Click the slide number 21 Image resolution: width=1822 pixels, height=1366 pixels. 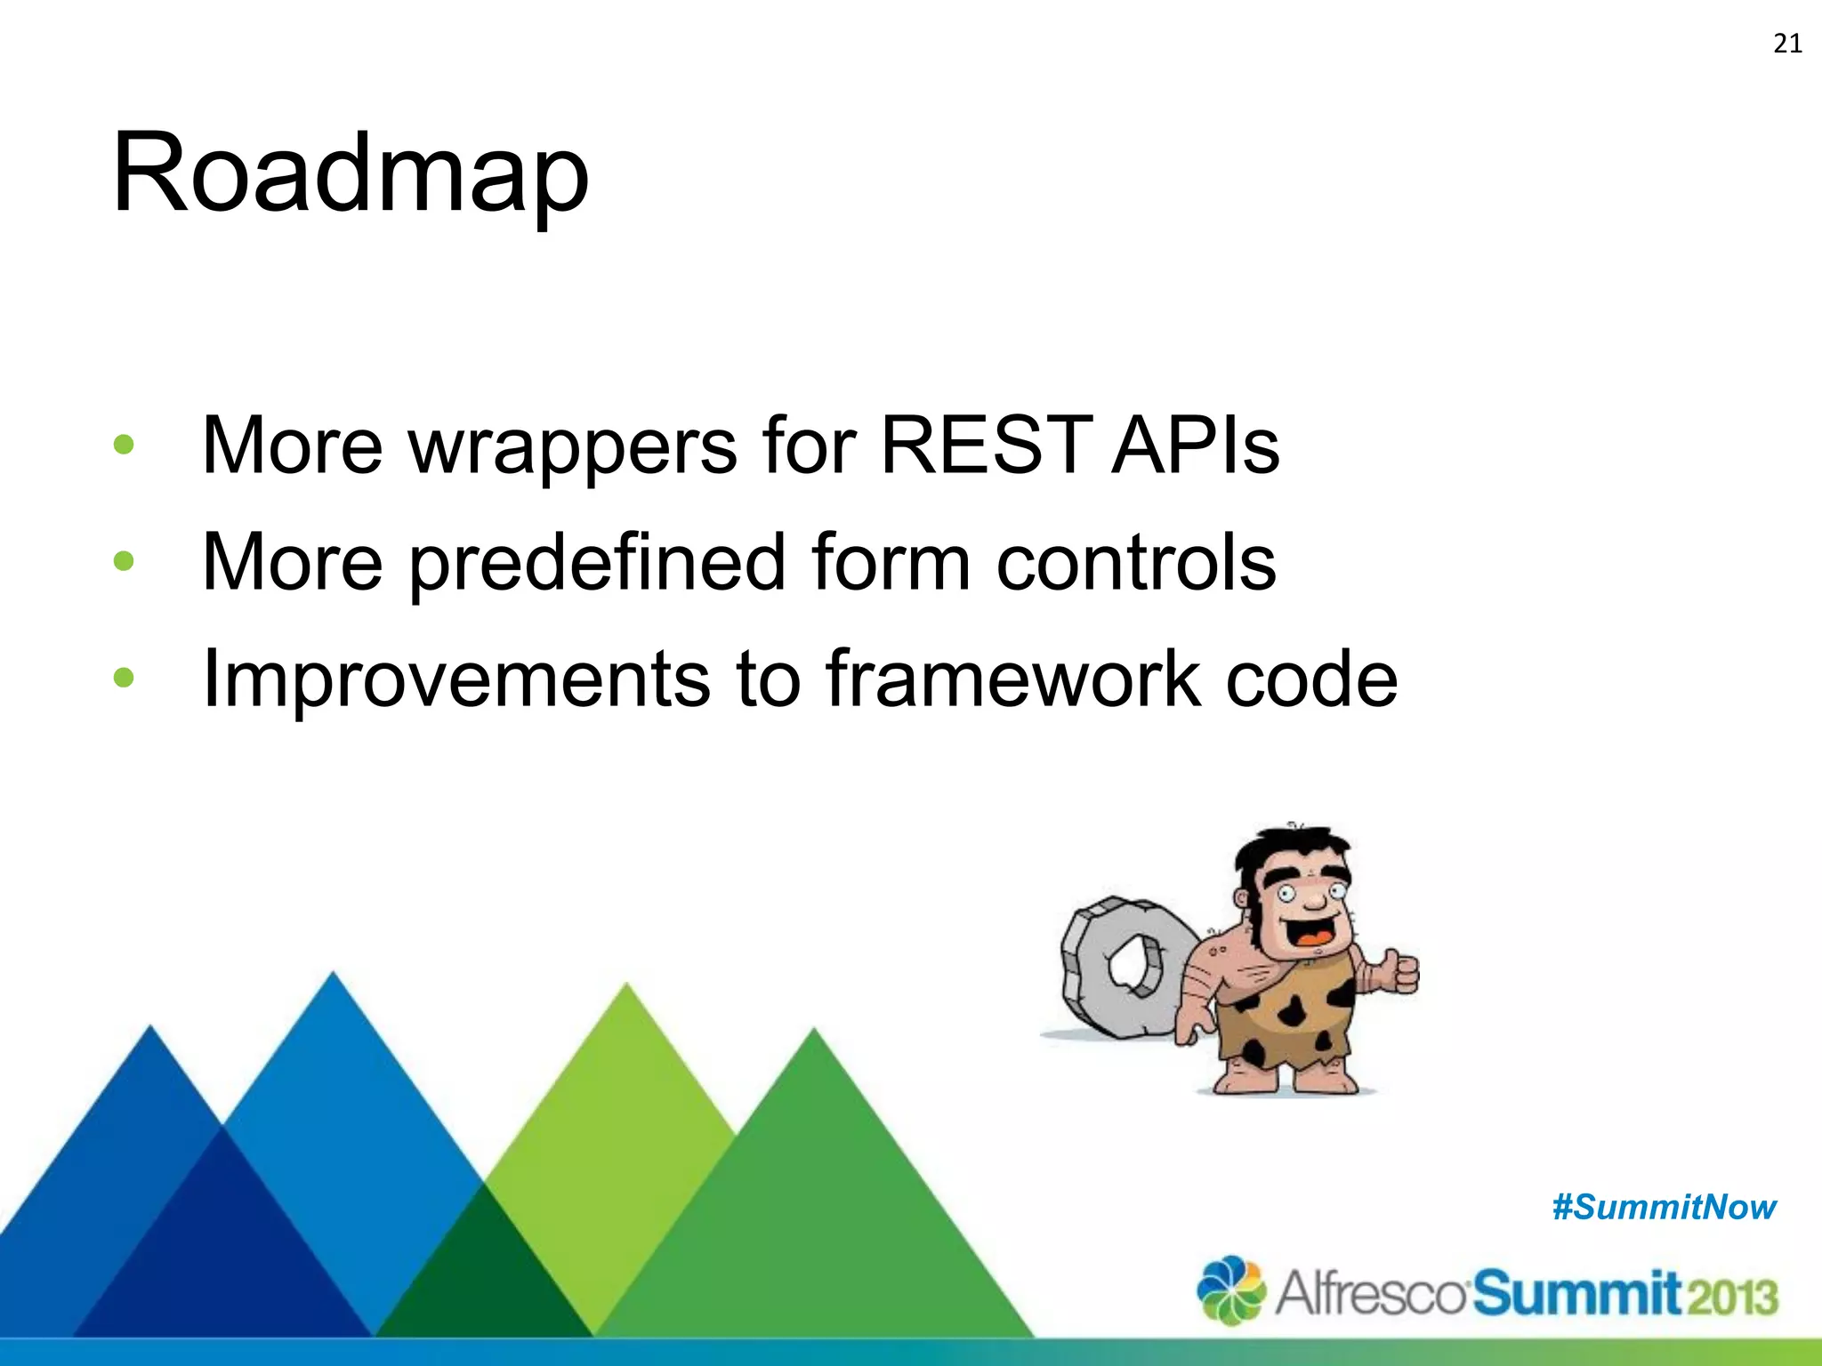1787,44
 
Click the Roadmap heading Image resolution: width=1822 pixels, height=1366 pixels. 350,173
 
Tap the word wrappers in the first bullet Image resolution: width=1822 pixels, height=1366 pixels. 572,447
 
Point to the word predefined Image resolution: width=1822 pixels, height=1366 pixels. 597,562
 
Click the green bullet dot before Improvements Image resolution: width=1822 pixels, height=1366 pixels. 124,679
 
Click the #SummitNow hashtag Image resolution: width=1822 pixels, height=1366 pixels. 1664,1208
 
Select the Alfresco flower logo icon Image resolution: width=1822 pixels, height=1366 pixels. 1230,1290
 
